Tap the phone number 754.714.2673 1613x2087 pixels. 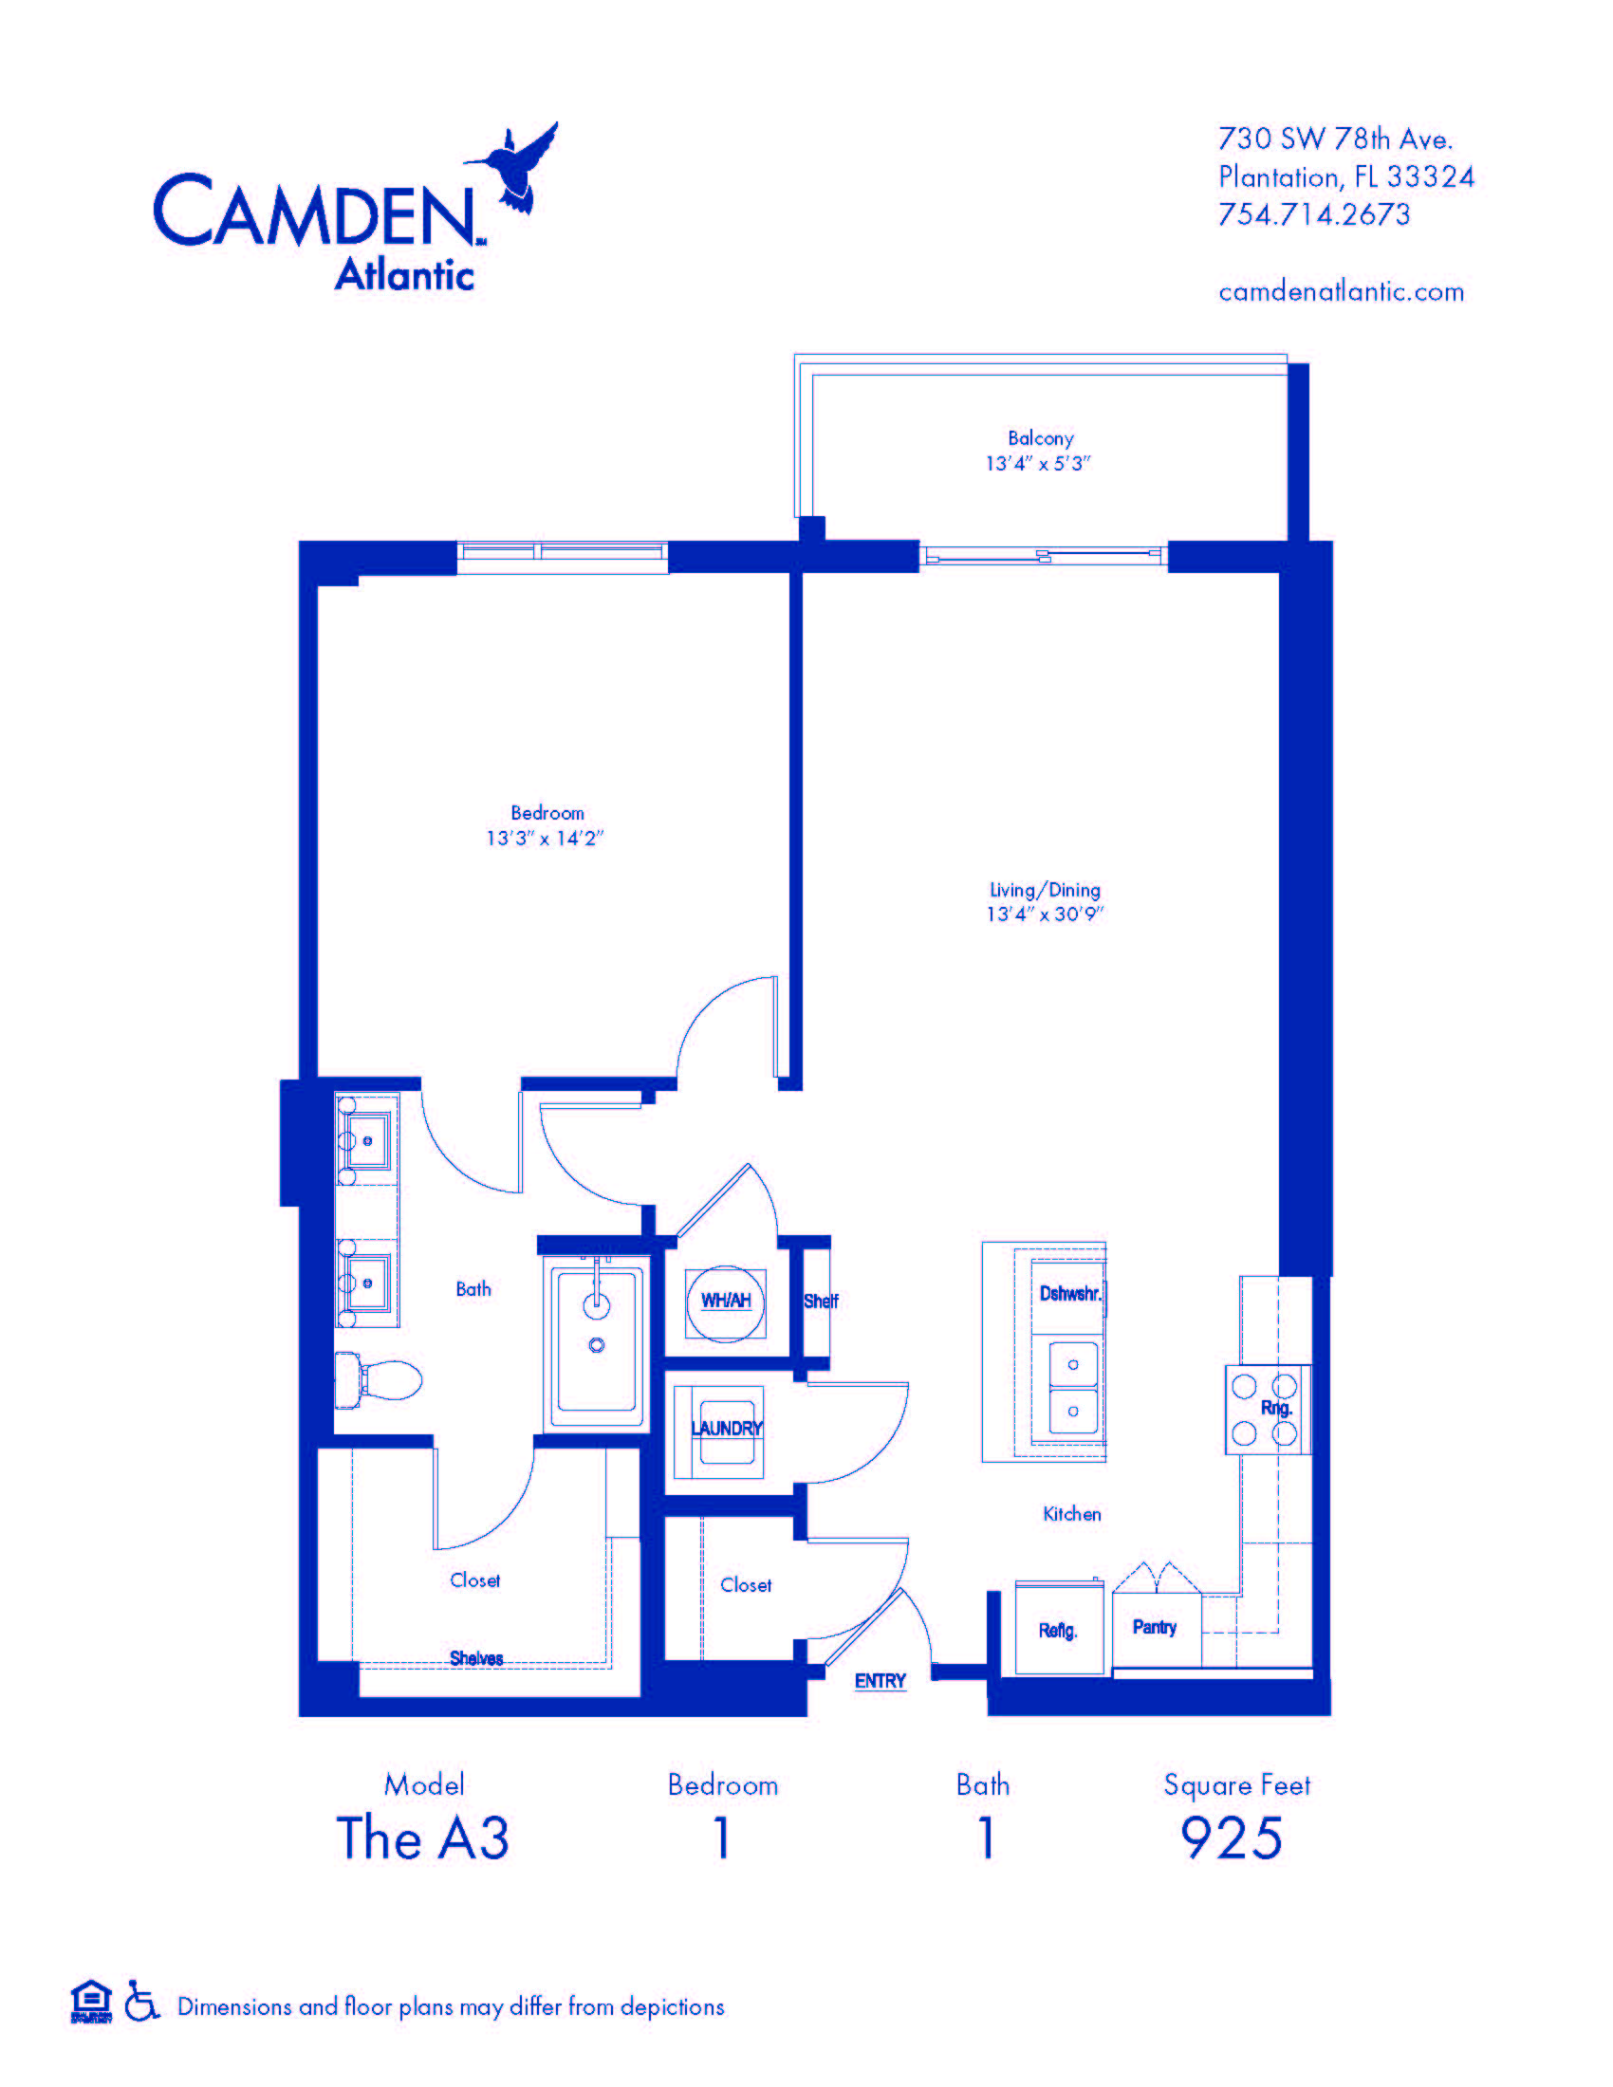click(1314, 214)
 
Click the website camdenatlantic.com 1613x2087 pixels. click(1341, 291)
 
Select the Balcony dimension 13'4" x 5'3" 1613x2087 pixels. click(1038, 464)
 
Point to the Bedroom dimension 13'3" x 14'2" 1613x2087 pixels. click(545, 838)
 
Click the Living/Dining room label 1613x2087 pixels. click(1045, 890)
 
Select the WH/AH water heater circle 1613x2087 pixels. click(725, 1301)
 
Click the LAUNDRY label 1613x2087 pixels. click(726, 1429)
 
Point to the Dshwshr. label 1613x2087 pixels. click(1070, 1294)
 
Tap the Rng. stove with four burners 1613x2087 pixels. click(1267, 1410)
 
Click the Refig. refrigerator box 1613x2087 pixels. click(1059, 1630)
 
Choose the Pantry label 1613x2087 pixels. click(1155, 1627)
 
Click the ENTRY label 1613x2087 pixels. click(881, 1681)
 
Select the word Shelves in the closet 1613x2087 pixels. click(476, 1658)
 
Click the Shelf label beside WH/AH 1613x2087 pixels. click(821, 1301)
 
